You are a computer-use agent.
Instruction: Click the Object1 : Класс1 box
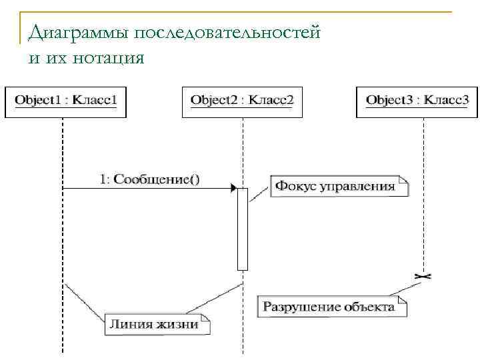pyautogui.click(x=65, y=101)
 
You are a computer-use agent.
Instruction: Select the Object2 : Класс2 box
pyautogui.click(x=242, y=101)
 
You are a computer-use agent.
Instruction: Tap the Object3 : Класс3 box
pyautogui.click(x=417, y=101)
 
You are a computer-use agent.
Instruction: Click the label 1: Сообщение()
pyautogui.click(x=149, y=179)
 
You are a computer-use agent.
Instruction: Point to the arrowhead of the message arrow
pyautogui.click(x=233, y=189)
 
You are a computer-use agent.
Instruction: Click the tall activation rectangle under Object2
pyautogui.click(x=242, y=229)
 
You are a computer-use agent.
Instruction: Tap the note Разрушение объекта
pyautogui.click(x=331, y=307)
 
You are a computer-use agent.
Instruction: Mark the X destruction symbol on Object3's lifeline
pyautogui.click(x=423, y=275)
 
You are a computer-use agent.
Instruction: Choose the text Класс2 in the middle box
pyautogui.click(x=271, y=101)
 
